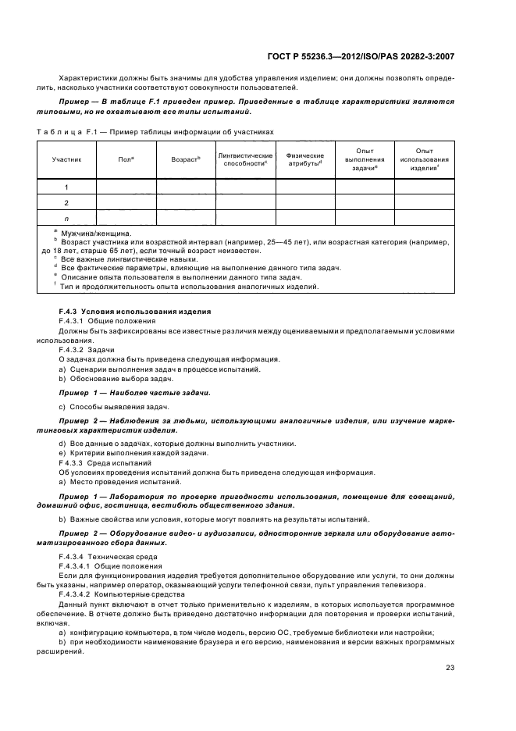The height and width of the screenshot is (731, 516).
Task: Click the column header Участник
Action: pyautogui.click(x=66, y=159)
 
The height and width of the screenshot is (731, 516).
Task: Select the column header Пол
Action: pyautogui.click(x=126, y=159)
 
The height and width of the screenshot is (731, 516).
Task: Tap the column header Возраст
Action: pyautogui.click(x=186, y=159)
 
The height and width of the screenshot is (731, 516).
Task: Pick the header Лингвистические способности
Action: pyautogui.click(x=245, y=159)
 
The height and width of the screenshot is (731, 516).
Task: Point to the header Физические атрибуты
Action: pyautogui.click(x=304, y=159)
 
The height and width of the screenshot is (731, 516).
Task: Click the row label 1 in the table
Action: pyautogui.click(x=66, y=187)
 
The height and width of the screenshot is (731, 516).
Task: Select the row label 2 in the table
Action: pyautogui.click(x=66, y=202)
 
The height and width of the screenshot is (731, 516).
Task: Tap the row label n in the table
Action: pyautogui.click(x=66, y=219)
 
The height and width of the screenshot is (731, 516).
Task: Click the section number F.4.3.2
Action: pyautogui.click(x=76, y=351)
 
